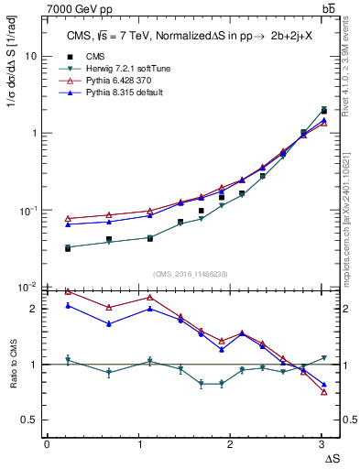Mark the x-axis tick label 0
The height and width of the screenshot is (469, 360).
coord(47,444)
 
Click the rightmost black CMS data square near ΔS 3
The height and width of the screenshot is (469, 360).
coord(323,111)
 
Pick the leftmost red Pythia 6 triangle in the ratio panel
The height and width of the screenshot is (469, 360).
coord(68,291)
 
